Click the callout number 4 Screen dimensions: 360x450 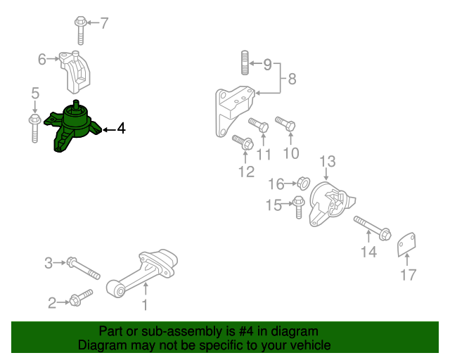(x=121, y=129)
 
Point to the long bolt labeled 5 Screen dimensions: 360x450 (x=34, y=127)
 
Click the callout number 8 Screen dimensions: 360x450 (x=292, y=79)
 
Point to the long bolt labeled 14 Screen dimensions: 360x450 (x=371, y=228)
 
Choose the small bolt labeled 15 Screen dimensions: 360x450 (x=298, y=206)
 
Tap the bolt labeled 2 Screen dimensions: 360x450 (x=79, y=298)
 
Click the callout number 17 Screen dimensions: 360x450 (x=408, y=275)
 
